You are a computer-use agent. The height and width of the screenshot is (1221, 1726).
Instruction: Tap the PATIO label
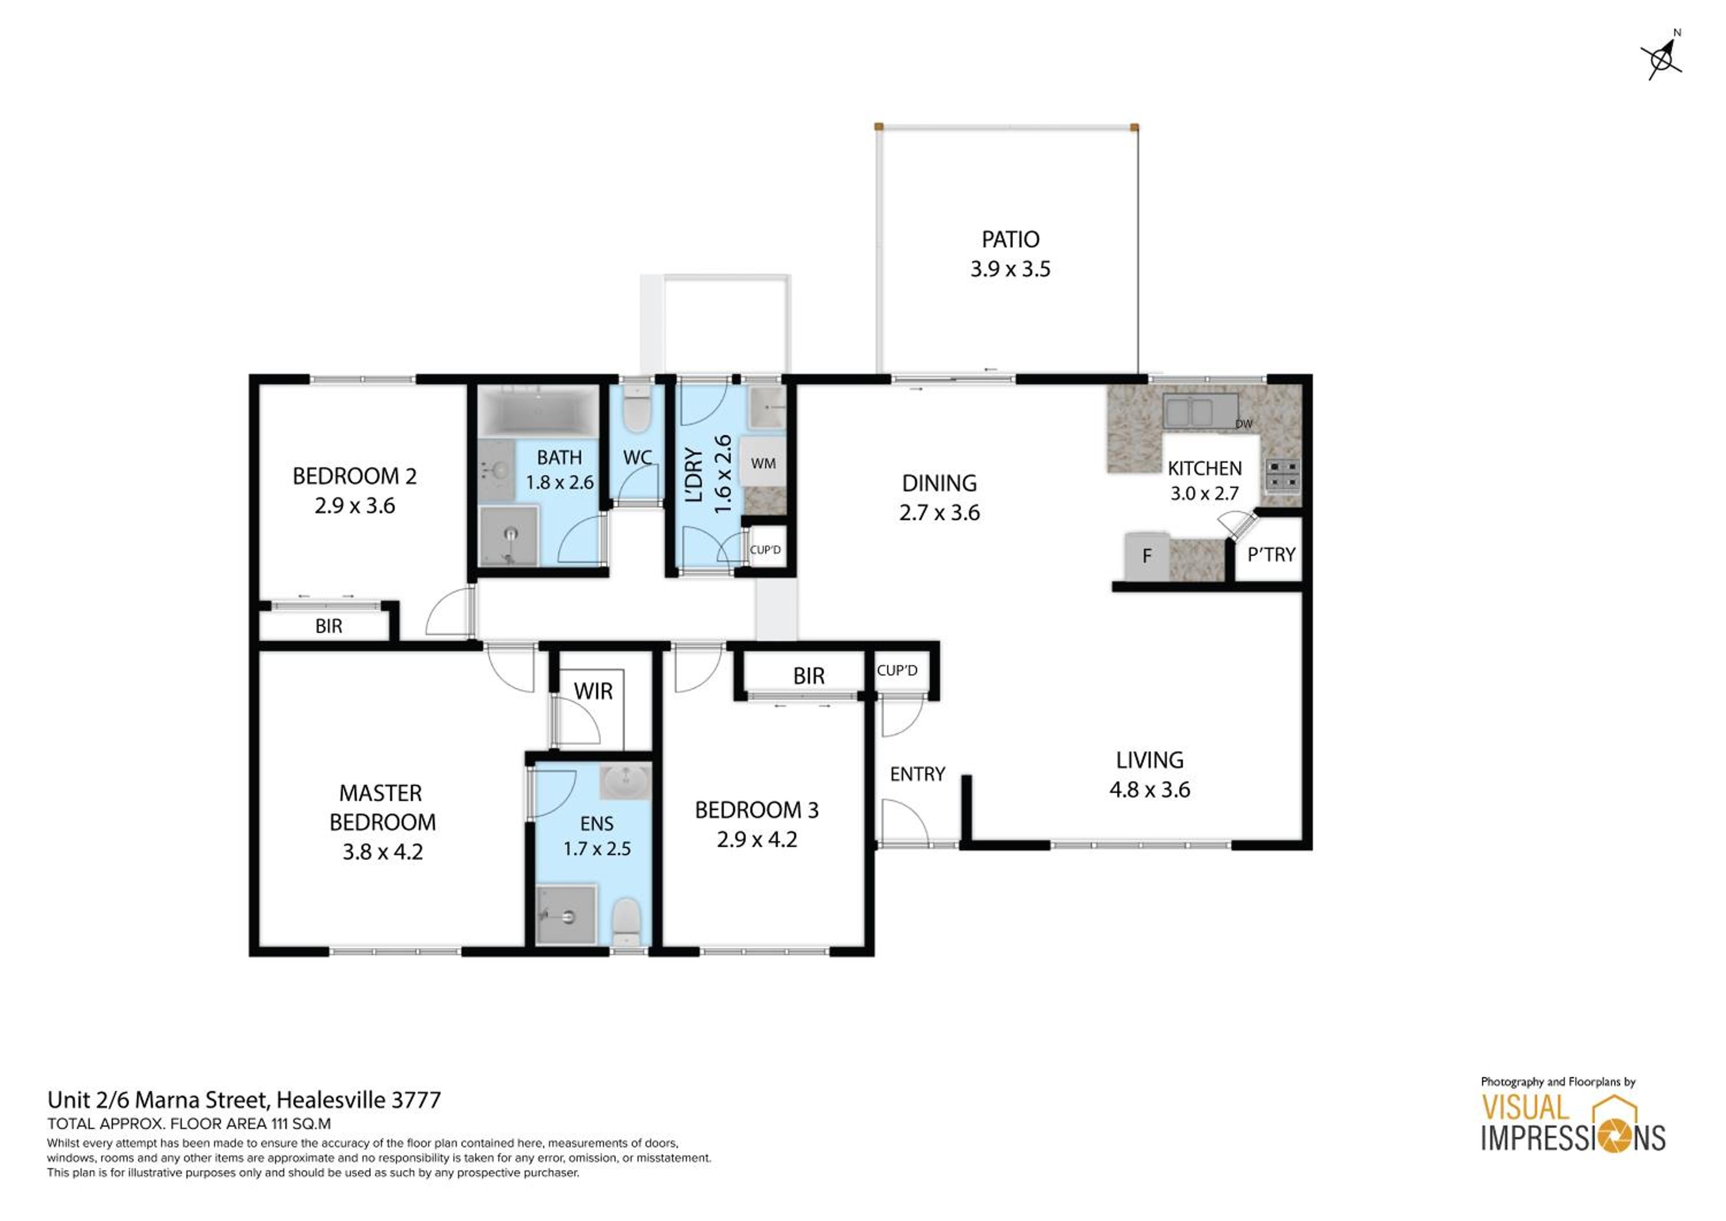[x=1010, y=239]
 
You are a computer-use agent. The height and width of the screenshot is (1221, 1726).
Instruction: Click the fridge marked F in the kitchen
[x=1147, y=556]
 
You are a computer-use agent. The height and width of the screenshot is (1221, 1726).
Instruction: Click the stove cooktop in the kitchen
[x=1282, y=474]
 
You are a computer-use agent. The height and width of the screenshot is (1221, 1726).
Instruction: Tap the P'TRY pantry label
[x=1271, y=555]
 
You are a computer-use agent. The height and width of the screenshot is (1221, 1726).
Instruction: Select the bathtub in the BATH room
[x=539, y=410]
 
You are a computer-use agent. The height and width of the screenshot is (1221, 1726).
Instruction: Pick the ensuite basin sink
[x=625, y=782]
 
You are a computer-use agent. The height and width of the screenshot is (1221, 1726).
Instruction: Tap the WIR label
[x=593, y=692]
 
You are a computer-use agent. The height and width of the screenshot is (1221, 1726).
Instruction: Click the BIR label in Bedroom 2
[x=329, y=626]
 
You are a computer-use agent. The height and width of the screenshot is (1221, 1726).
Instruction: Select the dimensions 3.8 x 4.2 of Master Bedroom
[x=383, y=852]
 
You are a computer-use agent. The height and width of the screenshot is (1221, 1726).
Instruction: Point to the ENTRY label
[x=917, y=774]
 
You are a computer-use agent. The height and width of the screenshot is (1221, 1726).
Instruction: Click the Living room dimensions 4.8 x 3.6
[x=1150, y=789]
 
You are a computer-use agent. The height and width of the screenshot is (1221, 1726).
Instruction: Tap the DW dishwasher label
[x=1244, y=424]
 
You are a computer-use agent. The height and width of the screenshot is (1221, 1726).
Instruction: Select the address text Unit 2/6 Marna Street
[x=158, y=1100]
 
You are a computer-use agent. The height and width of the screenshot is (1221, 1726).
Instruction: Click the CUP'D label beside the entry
[x=897, y=670]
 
